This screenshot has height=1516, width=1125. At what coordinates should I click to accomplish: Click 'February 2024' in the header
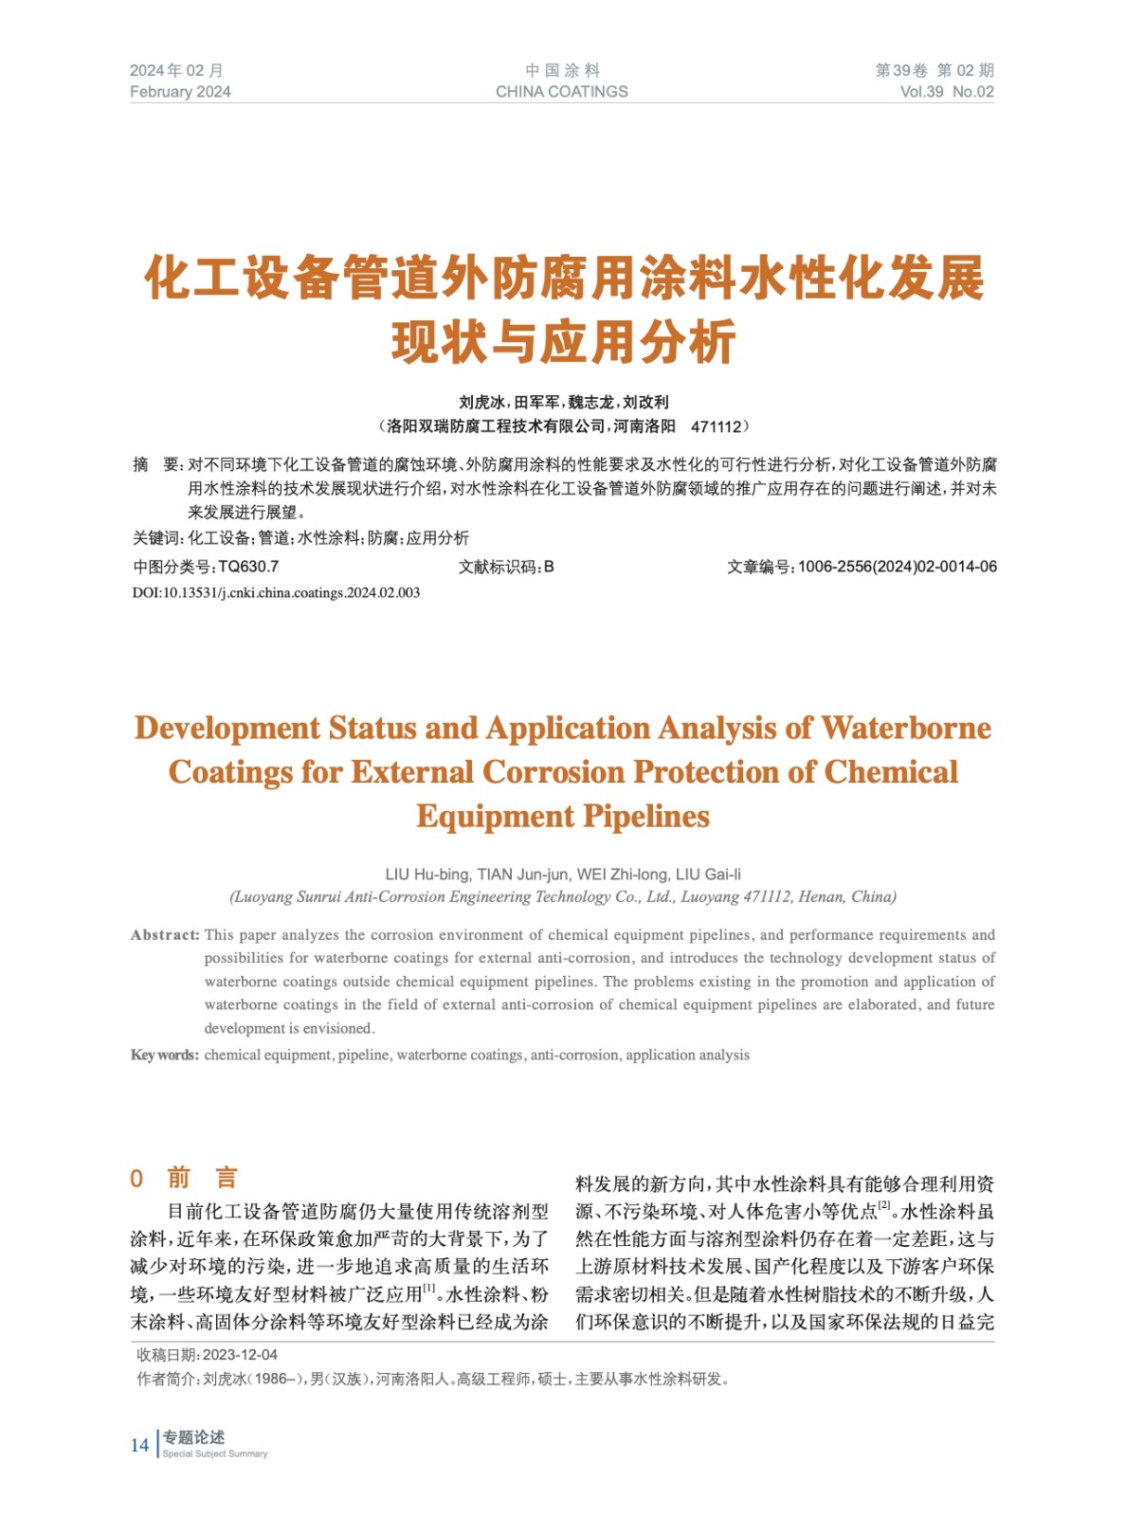[180, 92]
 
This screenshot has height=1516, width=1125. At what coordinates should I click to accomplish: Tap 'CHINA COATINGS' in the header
[561, 92]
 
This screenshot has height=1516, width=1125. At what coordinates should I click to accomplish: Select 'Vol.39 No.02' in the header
[946, 92]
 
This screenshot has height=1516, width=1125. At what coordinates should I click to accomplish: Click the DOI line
[276, 593]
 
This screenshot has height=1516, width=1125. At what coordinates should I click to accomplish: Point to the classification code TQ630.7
[248, 567]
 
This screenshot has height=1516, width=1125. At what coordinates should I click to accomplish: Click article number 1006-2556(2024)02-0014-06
[897, 567]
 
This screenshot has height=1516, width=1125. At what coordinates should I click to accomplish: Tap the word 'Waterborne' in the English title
[905, 728]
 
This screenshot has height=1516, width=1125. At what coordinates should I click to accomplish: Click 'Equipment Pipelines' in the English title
[562, 816]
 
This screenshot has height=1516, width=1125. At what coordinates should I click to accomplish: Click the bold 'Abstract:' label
[165, 935]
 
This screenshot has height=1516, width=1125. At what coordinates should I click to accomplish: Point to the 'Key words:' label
[165, 1056]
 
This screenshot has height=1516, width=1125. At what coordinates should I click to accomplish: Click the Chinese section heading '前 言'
[202, 1178]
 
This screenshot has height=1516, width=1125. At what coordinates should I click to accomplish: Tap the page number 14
[139, 1445]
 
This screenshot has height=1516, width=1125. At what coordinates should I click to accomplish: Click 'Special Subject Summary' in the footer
[215, 1453]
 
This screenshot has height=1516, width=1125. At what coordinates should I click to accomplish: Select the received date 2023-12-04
[240, 1355]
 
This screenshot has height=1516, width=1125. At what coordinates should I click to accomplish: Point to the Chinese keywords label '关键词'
[155, 538]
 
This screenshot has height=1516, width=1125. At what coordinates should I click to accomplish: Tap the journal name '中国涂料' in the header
[562, 70]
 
